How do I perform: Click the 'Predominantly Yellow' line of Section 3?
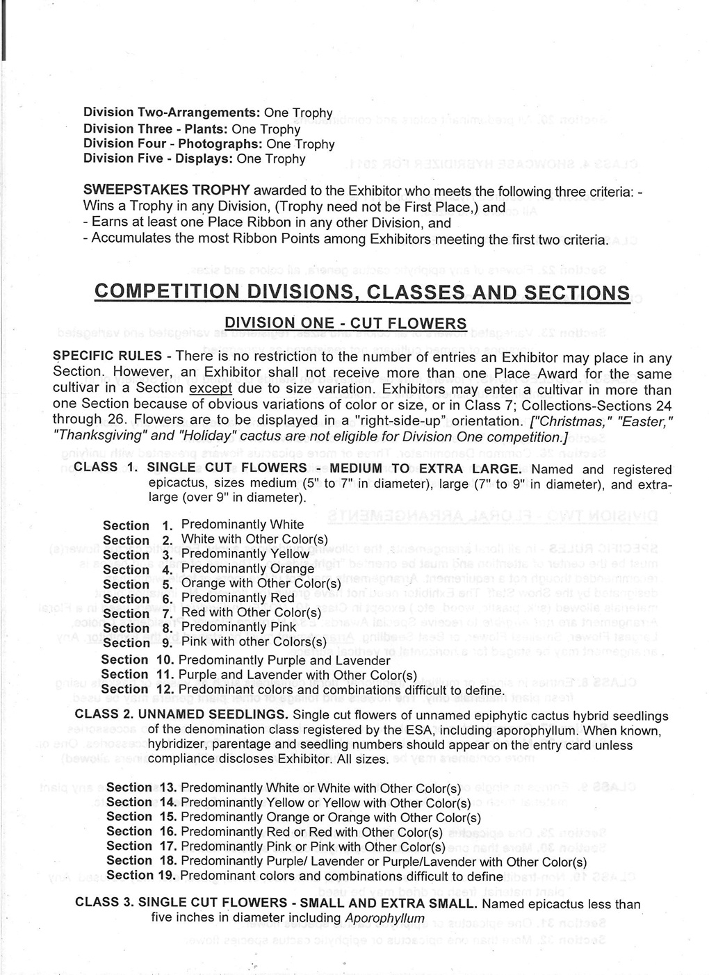point(245,555)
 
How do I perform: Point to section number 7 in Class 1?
point(167,614)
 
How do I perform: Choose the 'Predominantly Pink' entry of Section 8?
point(238,628)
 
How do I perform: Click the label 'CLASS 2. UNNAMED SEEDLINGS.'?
point(181,716)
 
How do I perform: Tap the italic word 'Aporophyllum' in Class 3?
point(384,919)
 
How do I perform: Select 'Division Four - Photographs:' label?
point(173,144)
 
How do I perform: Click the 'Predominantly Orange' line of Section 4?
point(247,569)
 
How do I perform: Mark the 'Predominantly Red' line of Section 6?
point(238,598)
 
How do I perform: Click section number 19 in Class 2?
point(166,876)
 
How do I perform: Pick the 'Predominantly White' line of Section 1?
point(243,525)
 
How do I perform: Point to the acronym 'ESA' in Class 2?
point(421,730)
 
